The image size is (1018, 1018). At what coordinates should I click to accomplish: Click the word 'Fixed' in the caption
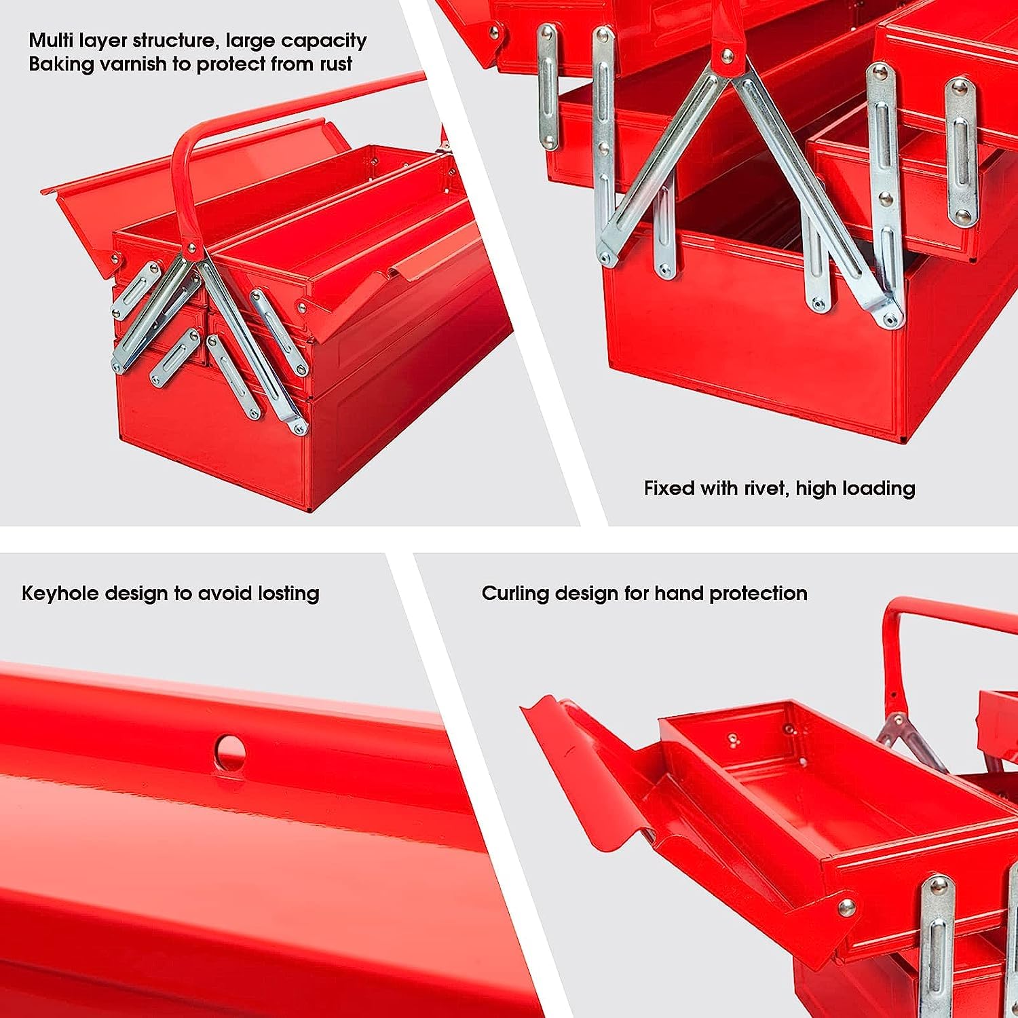pos(669,488)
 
